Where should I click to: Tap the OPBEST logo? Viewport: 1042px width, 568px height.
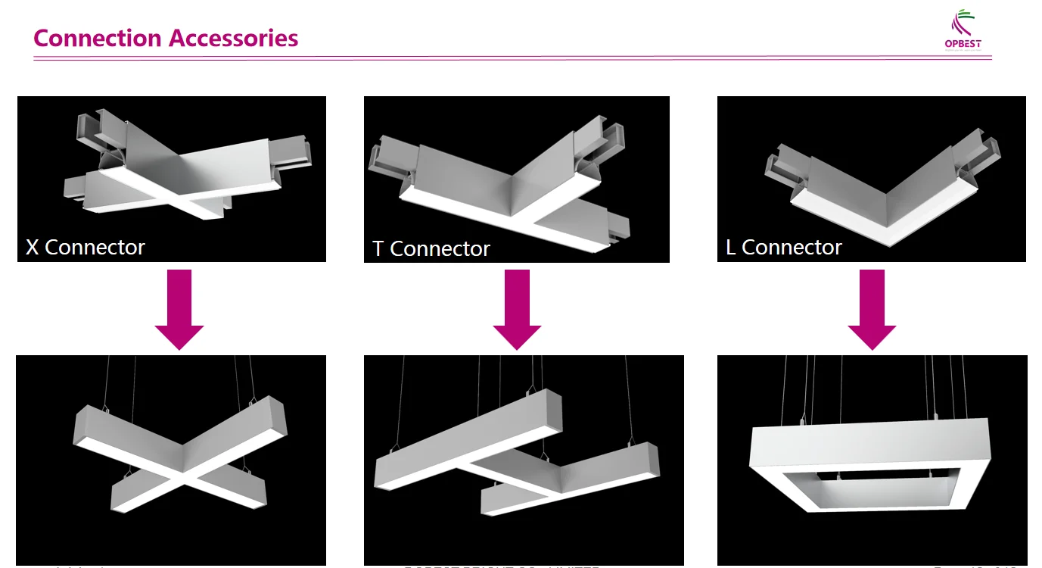(963, 30)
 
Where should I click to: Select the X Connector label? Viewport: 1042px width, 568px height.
(86, 248)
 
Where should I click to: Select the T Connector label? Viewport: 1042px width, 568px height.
(431, 249)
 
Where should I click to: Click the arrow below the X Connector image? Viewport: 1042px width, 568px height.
(179, 309)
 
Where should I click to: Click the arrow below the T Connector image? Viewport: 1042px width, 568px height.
(517, 309)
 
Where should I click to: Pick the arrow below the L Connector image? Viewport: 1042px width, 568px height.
(872, 309)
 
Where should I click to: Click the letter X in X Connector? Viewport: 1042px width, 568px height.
(33, 248)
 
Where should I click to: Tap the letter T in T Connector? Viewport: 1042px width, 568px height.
(378, 249)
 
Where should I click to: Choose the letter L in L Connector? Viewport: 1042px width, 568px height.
(731, 248)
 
